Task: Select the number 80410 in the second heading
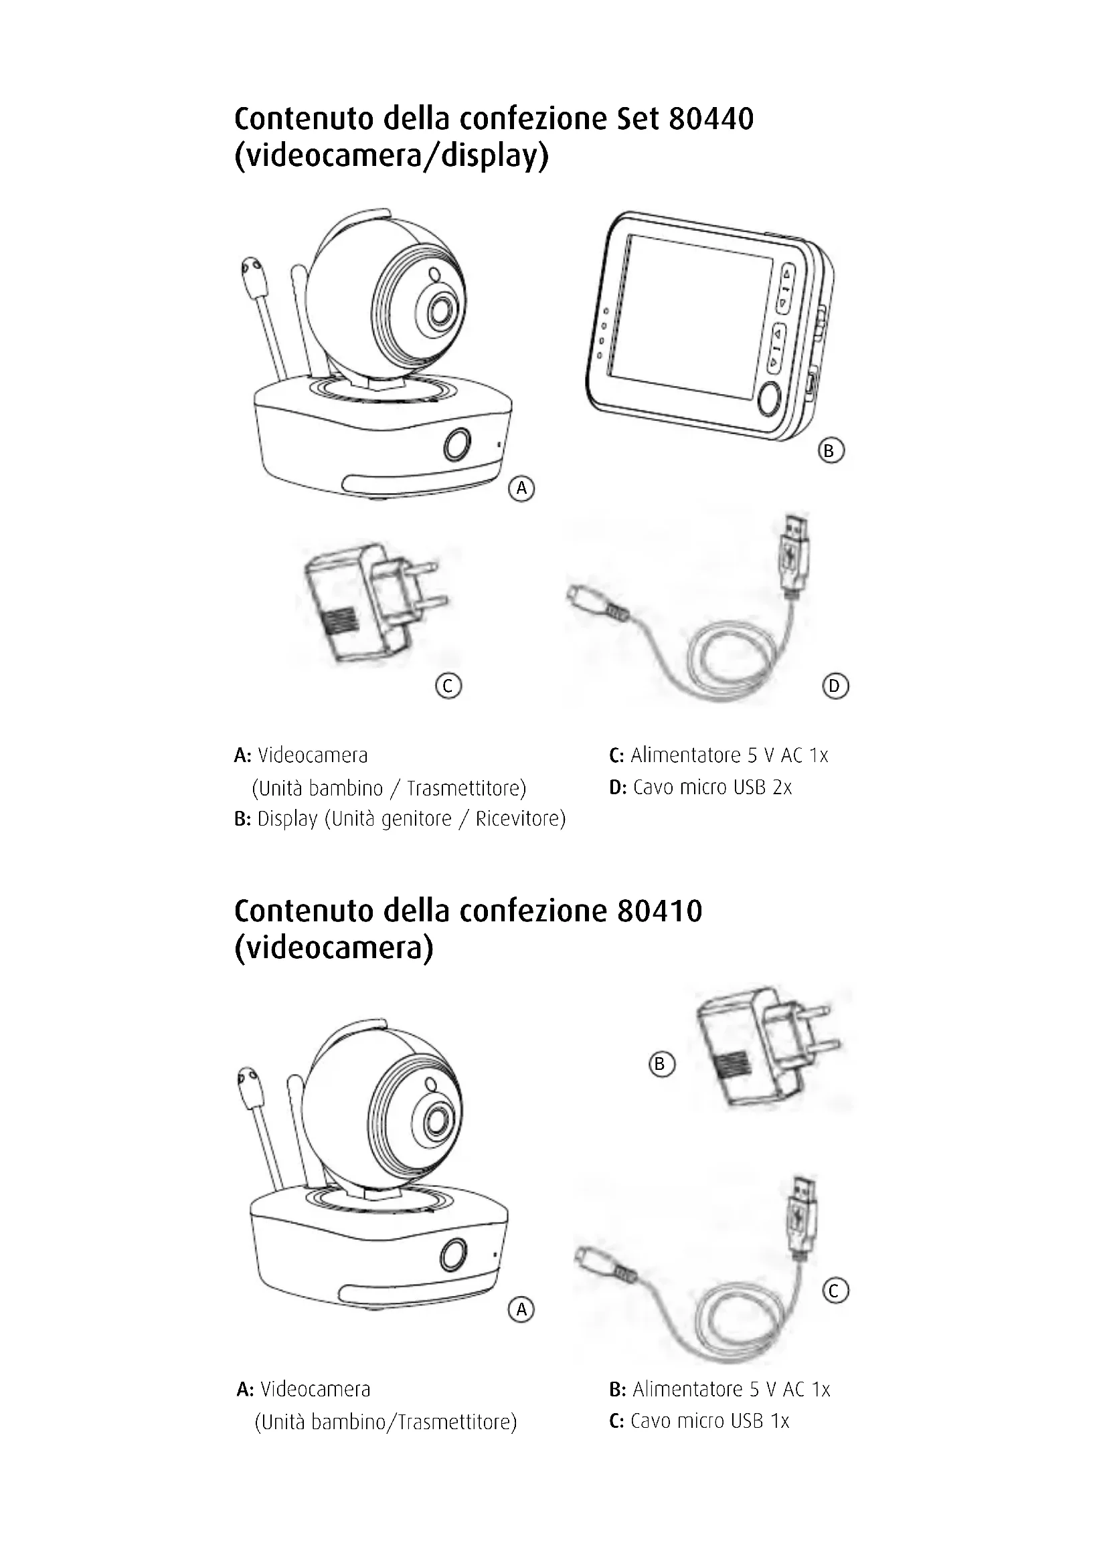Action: pyautogui.click(x=659, y=911)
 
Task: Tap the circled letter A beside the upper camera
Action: pyautogui.click(x=521, y=488)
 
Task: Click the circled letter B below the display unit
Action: pyautogui.click(x=829, y=450)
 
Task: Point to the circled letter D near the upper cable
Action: pyautogui.click(x=835, y=685)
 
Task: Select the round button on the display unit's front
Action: pyautogui.click(x=769, y=398)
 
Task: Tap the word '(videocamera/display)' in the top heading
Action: pyautogui.click(x=392, y=157)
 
